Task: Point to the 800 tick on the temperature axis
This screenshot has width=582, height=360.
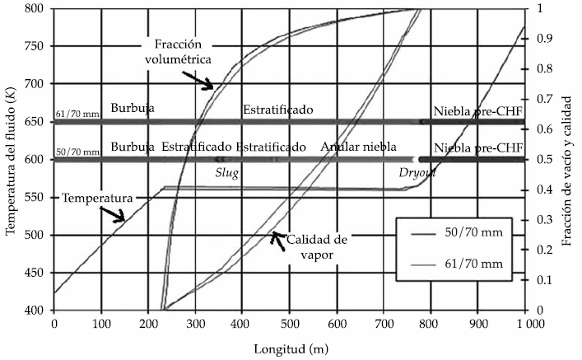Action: pyautogui.click(x=39, y=8)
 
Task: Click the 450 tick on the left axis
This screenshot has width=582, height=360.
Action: pyautogui.click(x=39, y=273)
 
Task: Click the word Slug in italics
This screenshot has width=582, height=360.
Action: pyautogui.click(x=226, y=175)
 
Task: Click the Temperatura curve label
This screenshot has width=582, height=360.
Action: pyautogui.click(x=91, y=199)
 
